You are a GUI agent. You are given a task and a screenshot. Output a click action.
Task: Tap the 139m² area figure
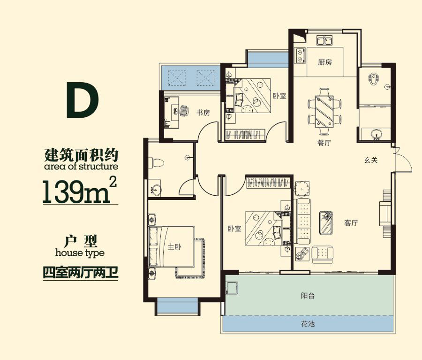point(79,189)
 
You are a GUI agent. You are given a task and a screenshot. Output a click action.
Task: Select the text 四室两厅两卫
point(79,272)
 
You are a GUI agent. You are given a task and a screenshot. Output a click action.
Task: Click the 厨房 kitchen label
point(324,62)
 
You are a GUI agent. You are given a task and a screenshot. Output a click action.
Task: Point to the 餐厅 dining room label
point(324,143)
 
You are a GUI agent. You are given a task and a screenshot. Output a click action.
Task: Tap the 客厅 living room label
point(351,223)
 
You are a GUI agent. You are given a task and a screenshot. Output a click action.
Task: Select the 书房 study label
point(203,113)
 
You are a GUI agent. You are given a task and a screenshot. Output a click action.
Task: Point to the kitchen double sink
point(324,40)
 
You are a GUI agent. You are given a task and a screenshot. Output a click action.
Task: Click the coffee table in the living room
point(327,222)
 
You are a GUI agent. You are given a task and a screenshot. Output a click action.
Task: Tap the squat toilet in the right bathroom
point(374,78)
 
